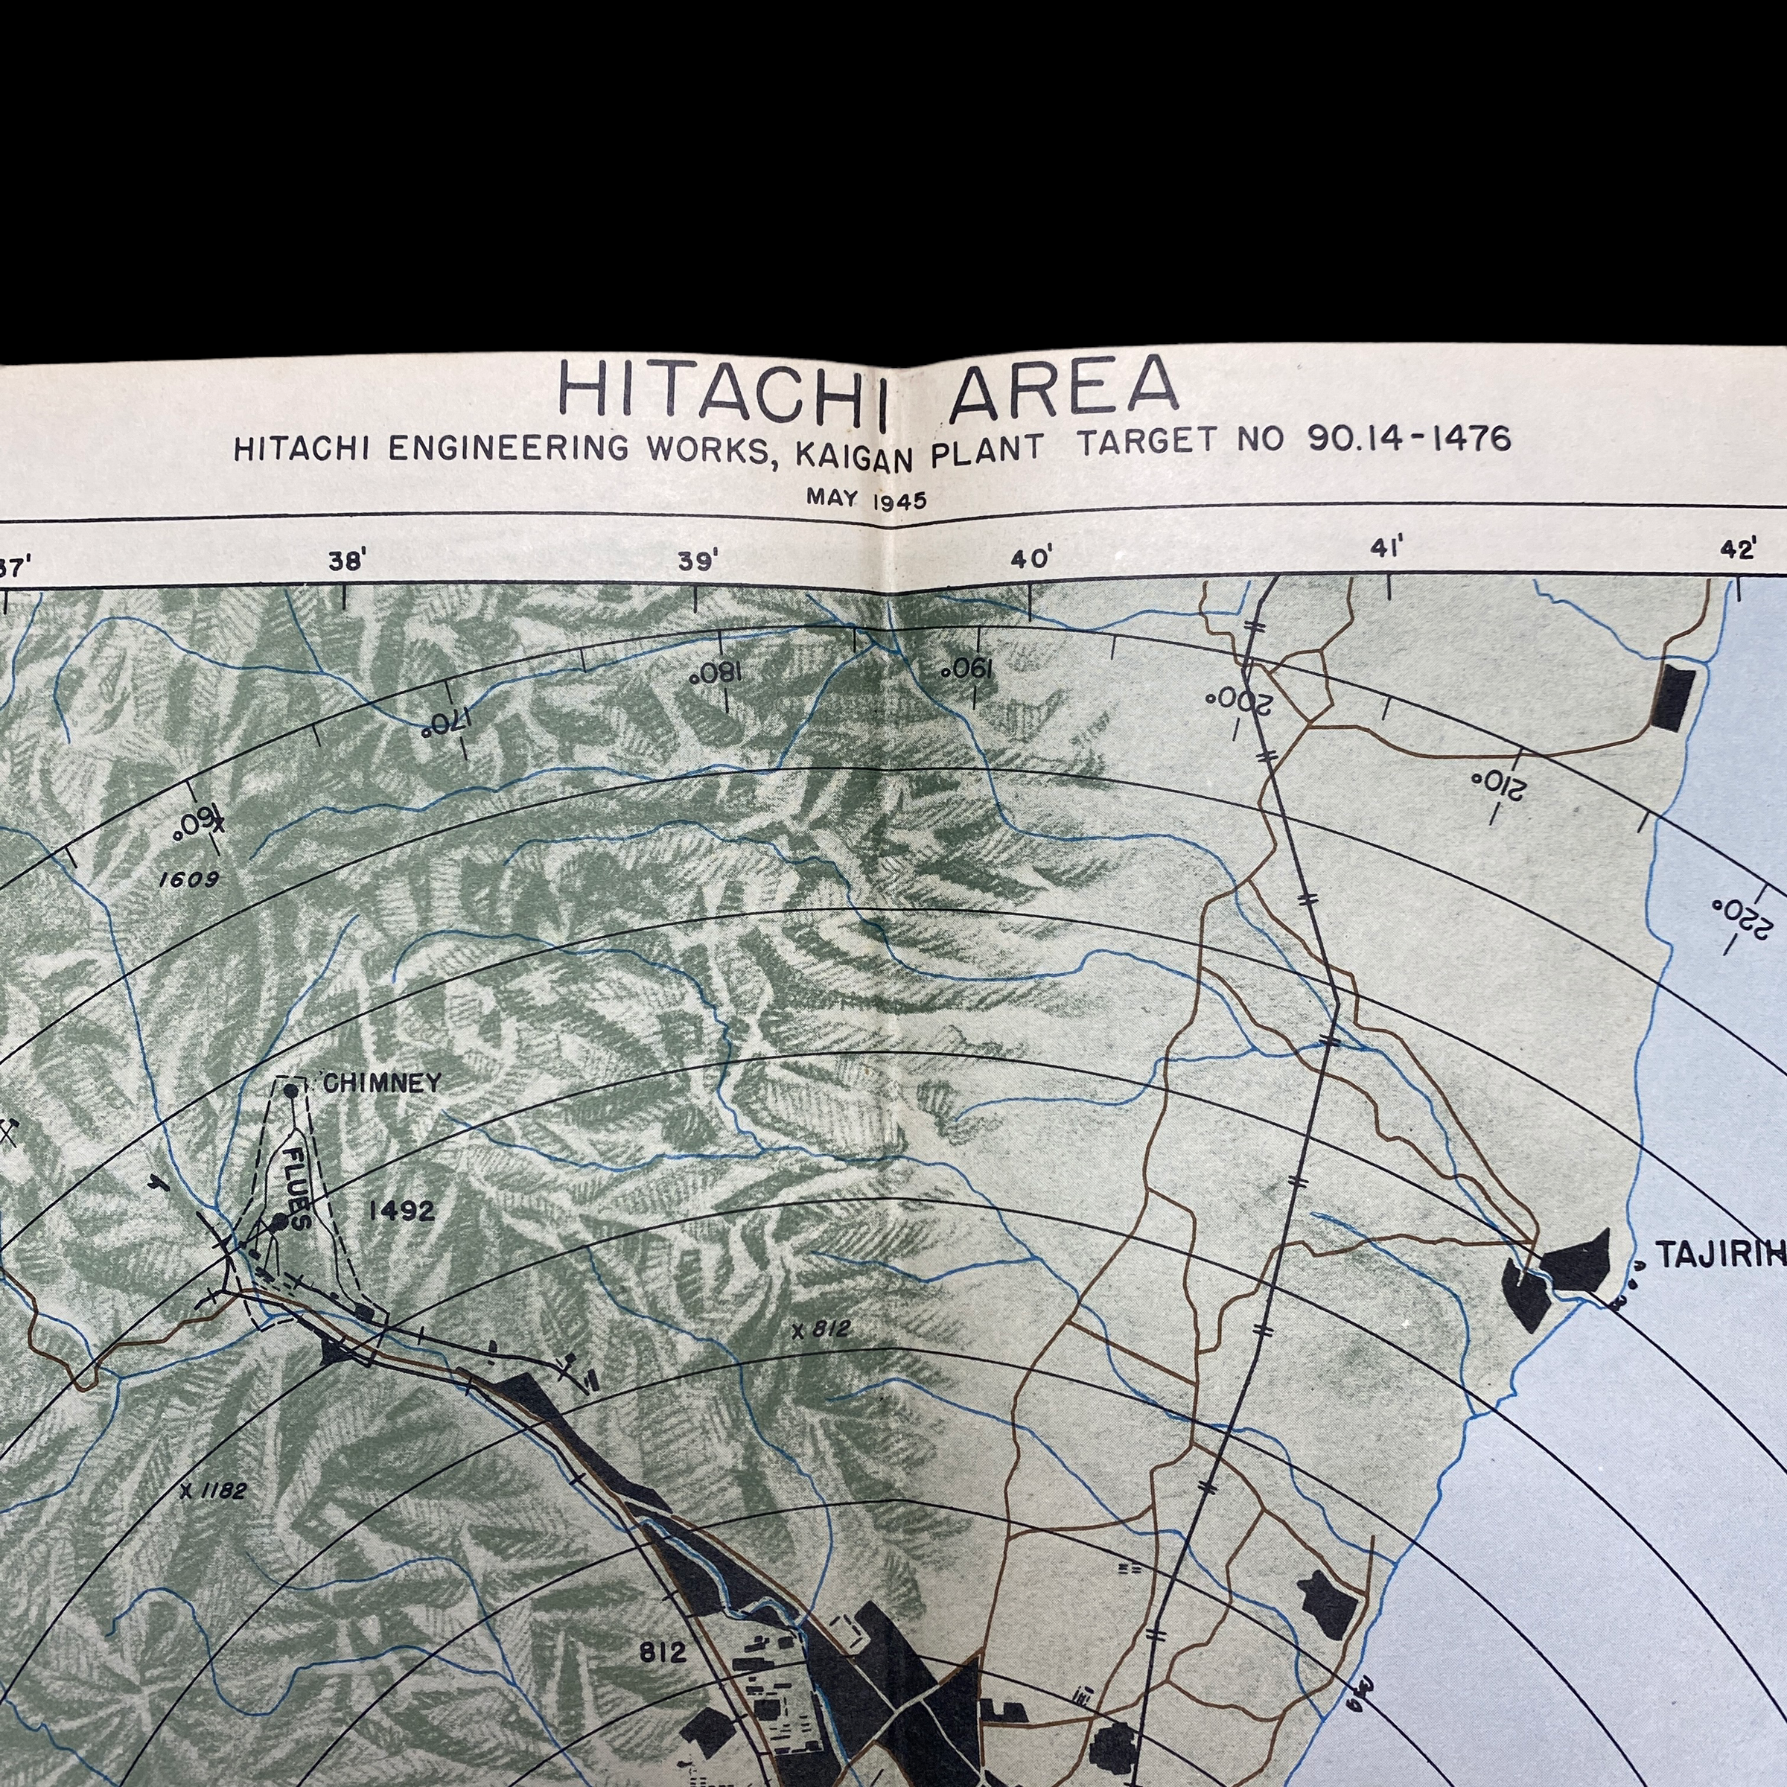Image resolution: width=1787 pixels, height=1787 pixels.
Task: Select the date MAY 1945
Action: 866,499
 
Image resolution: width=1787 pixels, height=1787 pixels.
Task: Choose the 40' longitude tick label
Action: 1031,558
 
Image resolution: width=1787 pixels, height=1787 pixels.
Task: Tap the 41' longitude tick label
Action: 1385,549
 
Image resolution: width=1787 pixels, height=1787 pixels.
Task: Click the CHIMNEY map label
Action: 383,1084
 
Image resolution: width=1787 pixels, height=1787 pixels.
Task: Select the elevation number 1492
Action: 401,1211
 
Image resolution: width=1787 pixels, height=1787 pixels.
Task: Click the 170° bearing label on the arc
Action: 447,722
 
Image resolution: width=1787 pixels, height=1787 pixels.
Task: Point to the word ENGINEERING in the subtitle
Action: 508,447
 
